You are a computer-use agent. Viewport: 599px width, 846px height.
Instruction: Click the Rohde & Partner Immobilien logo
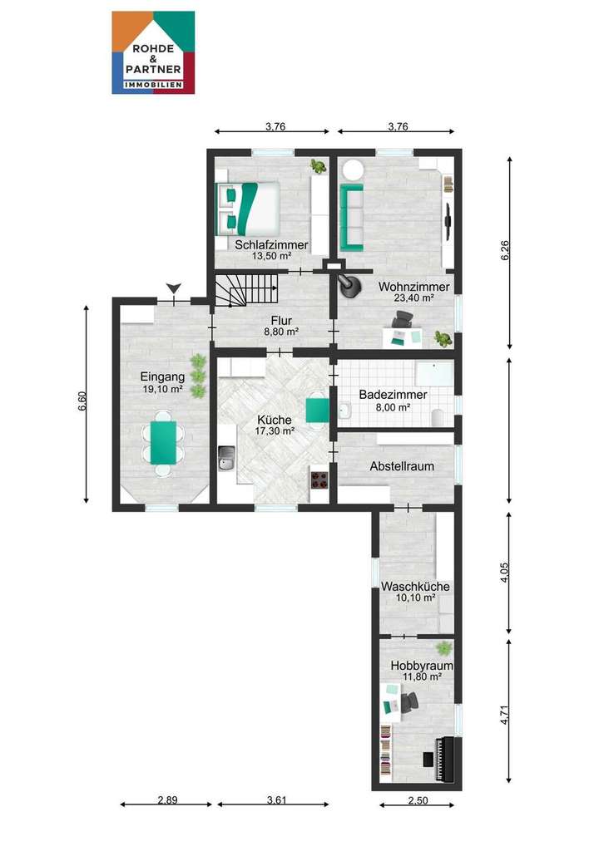tap(153, 52)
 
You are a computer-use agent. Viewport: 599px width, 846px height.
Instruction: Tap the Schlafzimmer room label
tap(271, 245)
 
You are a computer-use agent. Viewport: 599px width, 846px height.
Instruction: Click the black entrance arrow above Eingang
tap(173, 288)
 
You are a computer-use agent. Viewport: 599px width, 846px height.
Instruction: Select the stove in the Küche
tap(319, 479)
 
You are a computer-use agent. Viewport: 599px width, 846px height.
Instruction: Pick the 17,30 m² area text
tap(275, 431)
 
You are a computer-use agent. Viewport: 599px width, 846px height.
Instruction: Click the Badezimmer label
tap(393, 395)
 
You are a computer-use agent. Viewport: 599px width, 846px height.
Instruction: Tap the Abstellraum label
tap(402, 466)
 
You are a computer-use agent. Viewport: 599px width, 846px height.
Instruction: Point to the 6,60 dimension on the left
tap(81, 406)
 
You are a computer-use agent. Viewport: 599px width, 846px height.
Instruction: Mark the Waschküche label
tap(414, 587)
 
